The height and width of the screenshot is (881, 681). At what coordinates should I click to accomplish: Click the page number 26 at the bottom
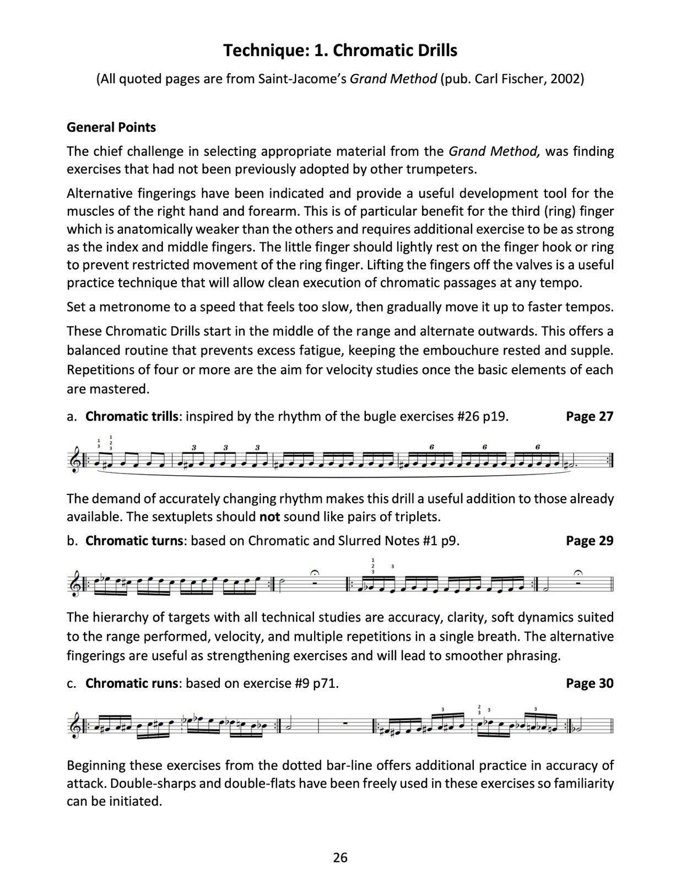pos(340,857)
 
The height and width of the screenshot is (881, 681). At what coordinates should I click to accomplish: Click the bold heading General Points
pos(111,127)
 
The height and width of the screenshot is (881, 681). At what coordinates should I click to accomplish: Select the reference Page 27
pos(589,416)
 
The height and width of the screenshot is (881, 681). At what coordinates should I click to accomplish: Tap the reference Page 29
pos(589,541)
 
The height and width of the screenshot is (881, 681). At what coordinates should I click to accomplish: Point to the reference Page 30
pos(589,683)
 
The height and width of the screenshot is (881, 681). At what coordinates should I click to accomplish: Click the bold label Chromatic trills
pos(132,416)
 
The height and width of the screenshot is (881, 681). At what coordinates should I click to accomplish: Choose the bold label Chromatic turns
pos(134,541)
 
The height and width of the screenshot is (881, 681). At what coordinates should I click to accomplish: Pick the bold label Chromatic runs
pos(132,683)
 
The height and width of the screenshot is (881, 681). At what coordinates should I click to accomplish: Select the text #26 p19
pos(483,416)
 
